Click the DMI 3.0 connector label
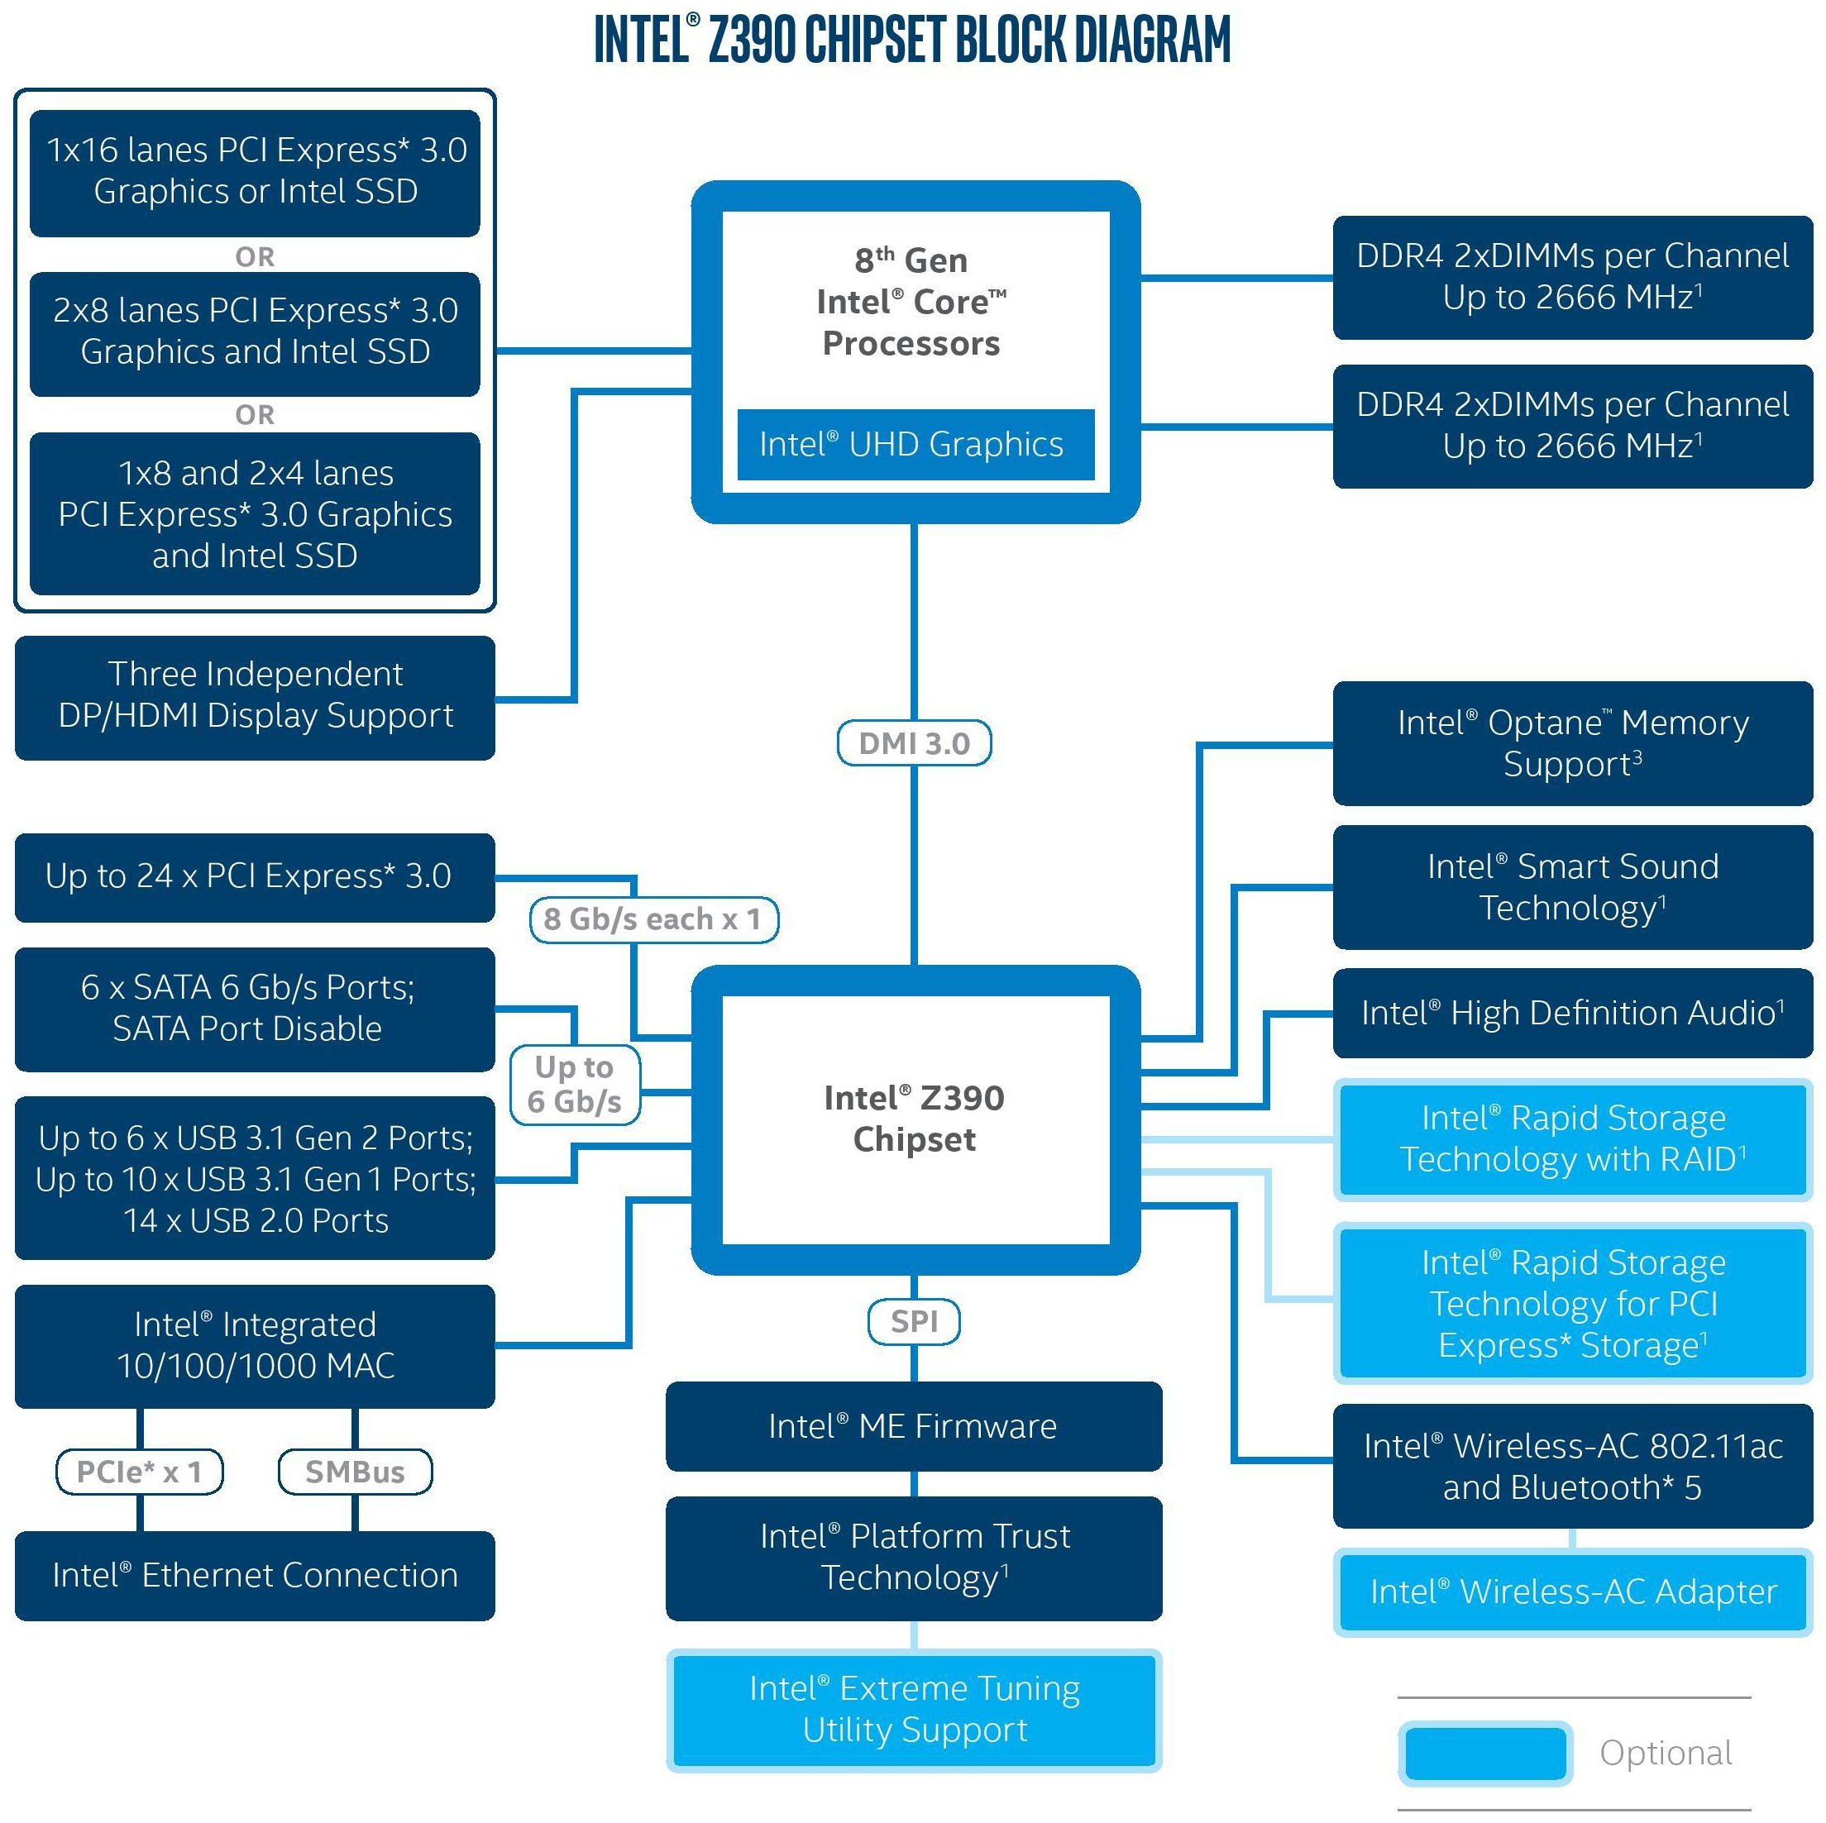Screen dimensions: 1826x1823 (914, 742)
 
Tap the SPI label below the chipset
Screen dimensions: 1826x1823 (914, 1321)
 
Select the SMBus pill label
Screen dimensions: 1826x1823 (356, 1472)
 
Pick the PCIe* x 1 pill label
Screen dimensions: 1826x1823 (140, 1472)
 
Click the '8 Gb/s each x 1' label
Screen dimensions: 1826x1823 (653, 919)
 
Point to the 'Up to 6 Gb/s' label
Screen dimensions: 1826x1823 (575, 1084)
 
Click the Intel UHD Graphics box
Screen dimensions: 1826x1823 (915, 444)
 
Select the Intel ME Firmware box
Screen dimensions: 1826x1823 (914, 1426)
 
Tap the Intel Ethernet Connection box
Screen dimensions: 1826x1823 (256, 1576)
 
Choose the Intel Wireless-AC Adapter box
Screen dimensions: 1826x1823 (1573, 1592)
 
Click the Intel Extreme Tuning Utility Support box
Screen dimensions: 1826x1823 (914, 1710)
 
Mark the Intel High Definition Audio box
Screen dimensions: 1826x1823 (1573, 1013)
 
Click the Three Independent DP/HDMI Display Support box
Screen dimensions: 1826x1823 (256, 698)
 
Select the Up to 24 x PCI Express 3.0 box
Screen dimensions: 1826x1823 (256, 877)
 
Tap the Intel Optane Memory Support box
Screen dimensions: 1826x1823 (1573, 742)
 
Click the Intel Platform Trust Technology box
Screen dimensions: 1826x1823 (914, 1558)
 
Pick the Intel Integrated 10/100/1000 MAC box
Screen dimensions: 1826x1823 (256, 1346)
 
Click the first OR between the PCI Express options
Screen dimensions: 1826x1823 (256, 257)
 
